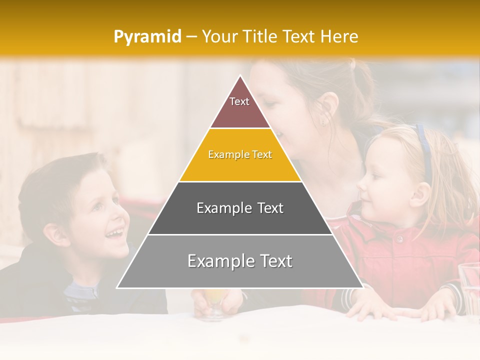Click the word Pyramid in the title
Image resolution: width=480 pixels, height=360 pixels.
click(x=147, y=37)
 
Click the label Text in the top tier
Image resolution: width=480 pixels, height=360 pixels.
click(x=239, y=101)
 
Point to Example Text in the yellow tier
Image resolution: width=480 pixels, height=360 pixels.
click(x=240, y=154)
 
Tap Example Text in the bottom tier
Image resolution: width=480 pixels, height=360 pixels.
click(x=240, y=261)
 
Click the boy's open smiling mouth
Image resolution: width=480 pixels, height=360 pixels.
click(x=115, y=233)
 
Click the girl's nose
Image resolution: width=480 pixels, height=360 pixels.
click(x=361, y=184)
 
